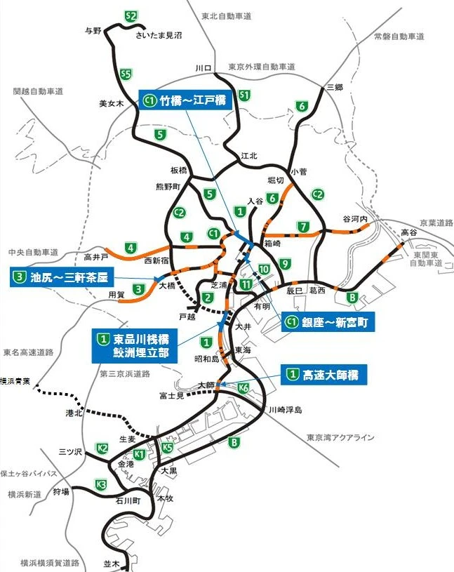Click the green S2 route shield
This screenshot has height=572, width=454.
[x=129, y=15]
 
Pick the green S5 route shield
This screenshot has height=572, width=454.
[x=126, y=73]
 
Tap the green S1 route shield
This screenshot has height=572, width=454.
[x=244, y=95]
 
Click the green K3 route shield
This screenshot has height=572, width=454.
[x=101, y=484]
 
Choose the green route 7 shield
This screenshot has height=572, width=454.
[x=303, y=226]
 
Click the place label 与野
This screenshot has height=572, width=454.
[x=93, y=31]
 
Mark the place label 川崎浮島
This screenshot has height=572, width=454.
[x=283, y=409]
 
